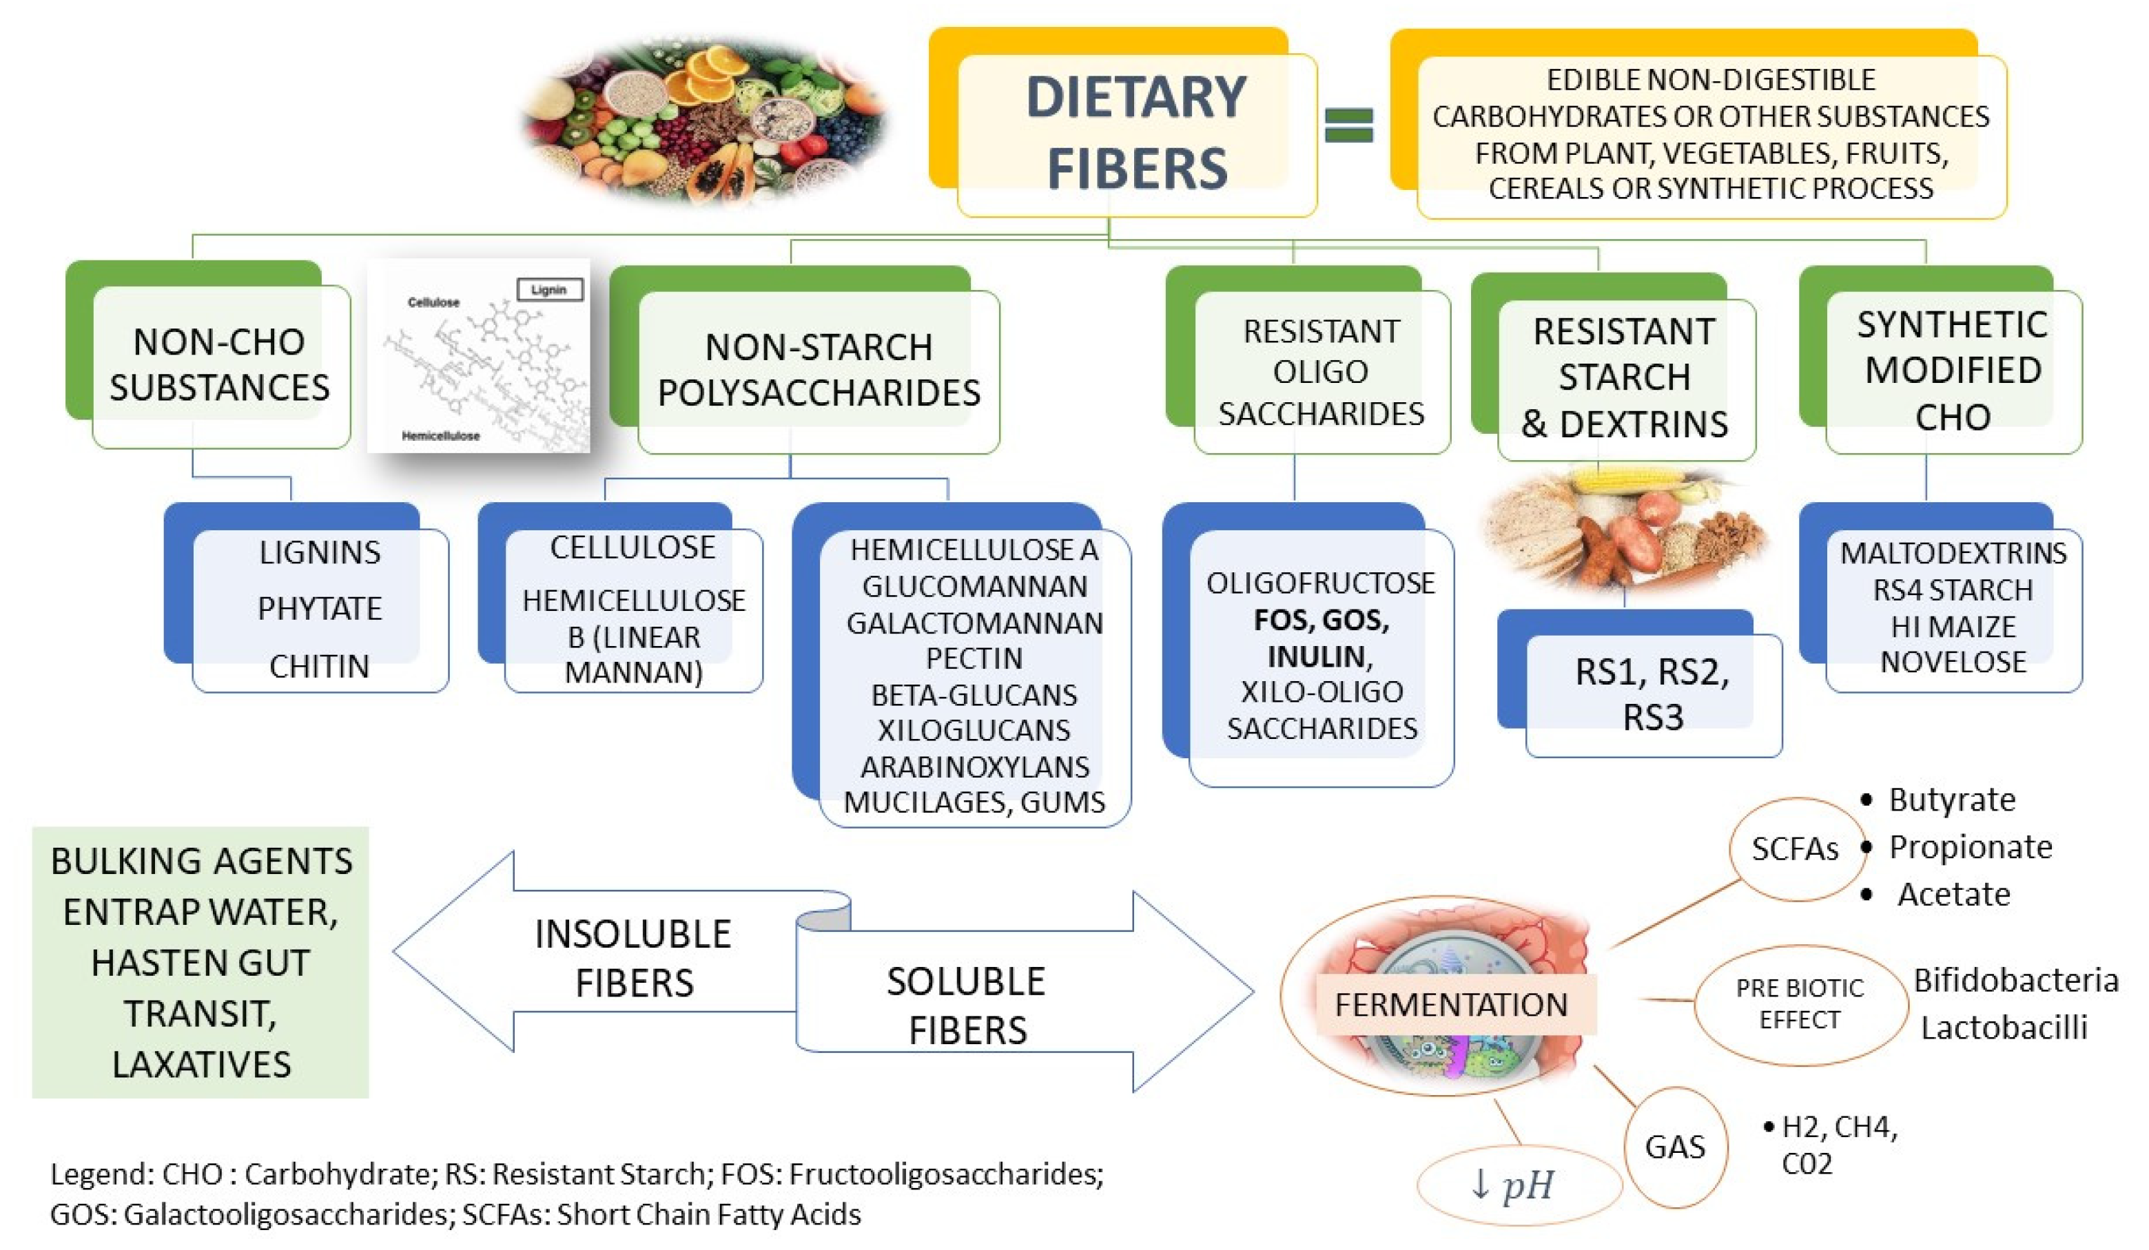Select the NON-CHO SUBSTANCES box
(x=220, y=365)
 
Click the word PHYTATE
(x=319, y=608)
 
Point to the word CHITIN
(x=319, y=666)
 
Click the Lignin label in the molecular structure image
(x=549, y=290)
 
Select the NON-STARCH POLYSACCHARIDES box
(x=818, y=370)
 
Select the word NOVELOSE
(x=1953, y=662)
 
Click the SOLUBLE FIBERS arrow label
(x=966, y=1006)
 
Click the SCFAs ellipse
(x=1795, y=848)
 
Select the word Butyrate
(x=1952, y=800)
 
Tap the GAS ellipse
(x=1675, y=1147)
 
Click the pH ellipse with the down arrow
(x=1517, y=1185)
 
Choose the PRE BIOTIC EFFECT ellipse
(x=1800, y=1003)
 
